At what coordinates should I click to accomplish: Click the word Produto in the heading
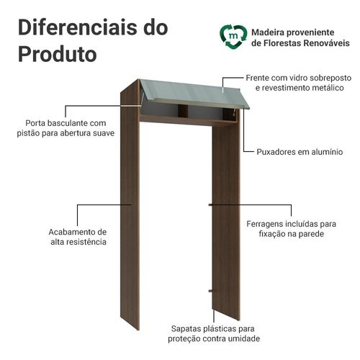tap(58, 55)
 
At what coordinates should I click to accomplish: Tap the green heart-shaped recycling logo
tap(233, 37)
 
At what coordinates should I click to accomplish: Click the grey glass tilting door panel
tap(195, 94)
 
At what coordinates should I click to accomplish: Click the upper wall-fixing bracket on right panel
tap(210, 205)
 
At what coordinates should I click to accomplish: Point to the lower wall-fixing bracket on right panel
tap(211, 291)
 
